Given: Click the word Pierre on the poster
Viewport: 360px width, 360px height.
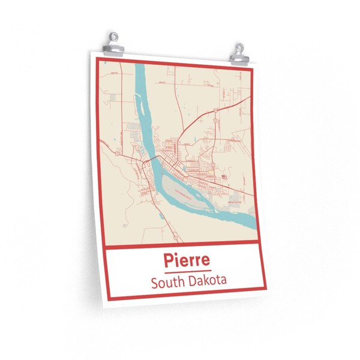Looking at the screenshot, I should click(185, 261).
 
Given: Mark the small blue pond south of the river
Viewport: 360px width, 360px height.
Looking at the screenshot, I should click(123, 226).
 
